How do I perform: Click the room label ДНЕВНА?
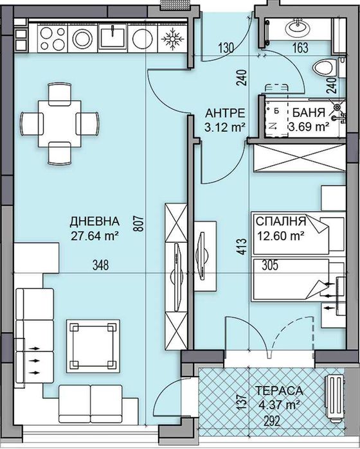coord(95,222)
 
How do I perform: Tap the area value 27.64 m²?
coord(95,235)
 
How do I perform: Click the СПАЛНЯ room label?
coord(280,222)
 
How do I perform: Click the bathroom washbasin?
coord(298,27)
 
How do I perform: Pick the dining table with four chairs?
coord(60,121)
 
